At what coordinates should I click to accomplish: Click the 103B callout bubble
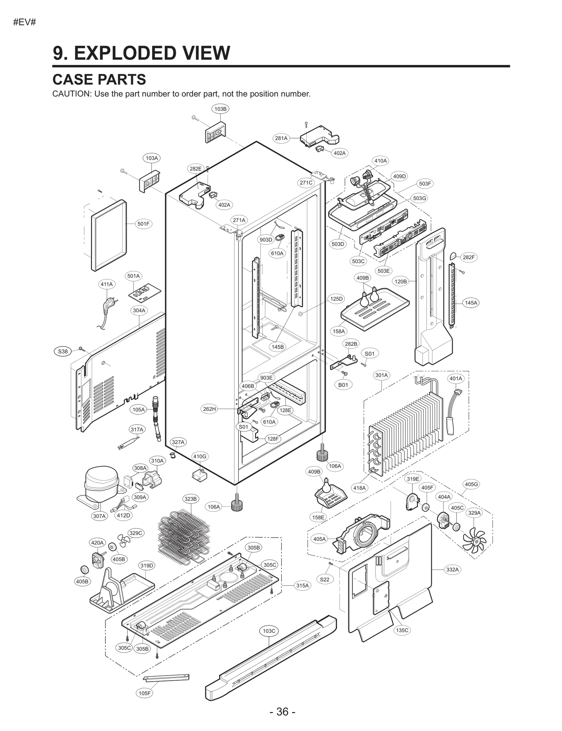(220, 109)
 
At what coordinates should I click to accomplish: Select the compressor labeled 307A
(98, 483)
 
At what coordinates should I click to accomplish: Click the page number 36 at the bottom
(282, 712)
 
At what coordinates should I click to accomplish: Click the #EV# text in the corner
(25, 23)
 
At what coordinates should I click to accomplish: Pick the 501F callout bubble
(143, 224)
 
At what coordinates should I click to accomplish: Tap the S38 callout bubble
(63, 351)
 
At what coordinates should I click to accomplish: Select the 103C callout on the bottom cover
(269, 631)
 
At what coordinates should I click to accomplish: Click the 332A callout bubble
(452, 570)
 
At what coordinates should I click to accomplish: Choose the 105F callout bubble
(144, 693)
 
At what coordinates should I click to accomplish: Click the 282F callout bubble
(469, 257)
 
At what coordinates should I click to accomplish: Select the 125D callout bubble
(336, 299)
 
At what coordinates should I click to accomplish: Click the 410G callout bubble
(200, 456)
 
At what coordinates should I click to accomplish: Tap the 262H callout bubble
(209, 409)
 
